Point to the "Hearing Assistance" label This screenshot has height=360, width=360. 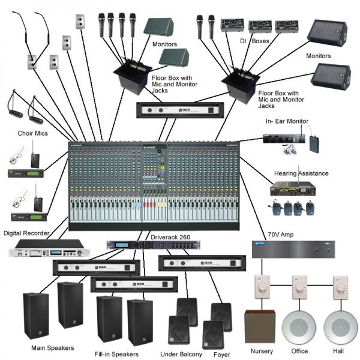pos(301,173)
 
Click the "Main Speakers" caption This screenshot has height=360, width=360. pos(53,347)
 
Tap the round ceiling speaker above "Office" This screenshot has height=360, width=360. pos(299,326)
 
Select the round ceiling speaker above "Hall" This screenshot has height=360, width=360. pos(340,326)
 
